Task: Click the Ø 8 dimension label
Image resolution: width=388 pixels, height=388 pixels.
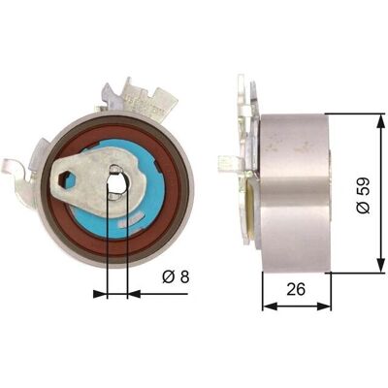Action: tap(176, 276)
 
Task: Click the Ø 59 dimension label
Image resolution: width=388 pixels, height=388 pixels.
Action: tap(363, 195)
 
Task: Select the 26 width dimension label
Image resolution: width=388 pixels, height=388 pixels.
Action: tap(296, 289)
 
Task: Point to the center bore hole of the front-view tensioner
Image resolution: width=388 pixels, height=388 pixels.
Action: tap(116, 182)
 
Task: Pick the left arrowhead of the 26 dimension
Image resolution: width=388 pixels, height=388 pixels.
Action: tap(269, 306)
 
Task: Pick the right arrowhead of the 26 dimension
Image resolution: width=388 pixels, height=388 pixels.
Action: tap(324, 306)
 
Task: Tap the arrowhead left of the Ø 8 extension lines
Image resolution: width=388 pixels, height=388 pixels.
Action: tap(100, 294)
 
